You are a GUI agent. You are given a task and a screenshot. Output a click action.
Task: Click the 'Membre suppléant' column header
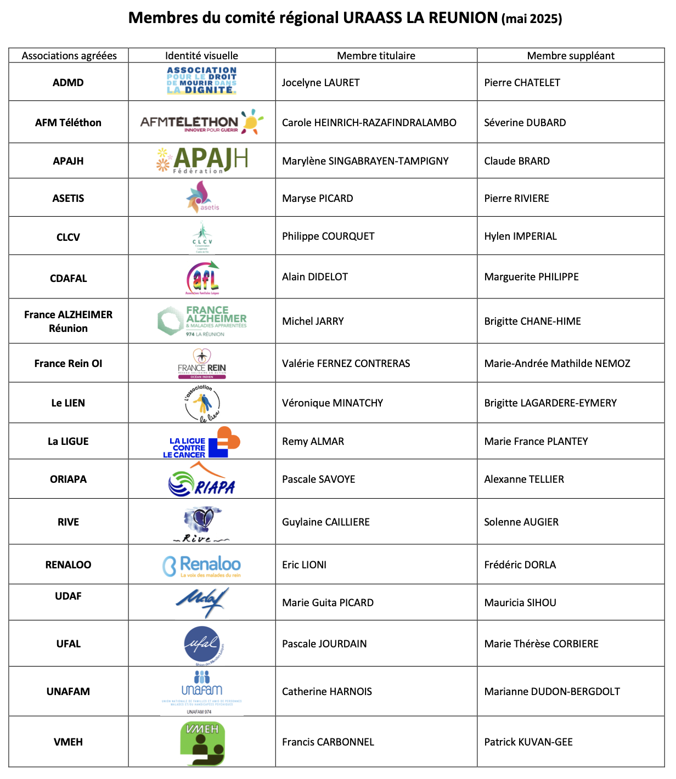pyautogui.click(x=571, y=55)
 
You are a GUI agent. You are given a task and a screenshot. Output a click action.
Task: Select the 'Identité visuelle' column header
pyautogui.click(x=201, y=55)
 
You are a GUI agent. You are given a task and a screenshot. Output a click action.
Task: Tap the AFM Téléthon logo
pyautogui.click(x=201, y=122)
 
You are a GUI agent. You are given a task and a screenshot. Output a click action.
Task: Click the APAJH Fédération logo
pyautogui.click(x=202, y=160)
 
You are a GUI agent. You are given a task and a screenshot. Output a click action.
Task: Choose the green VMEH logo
pyautogui.click(x=202, y=743)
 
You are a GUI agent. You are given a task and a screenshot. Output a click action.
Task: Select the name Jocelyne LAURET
pyautogui.click(x=320, y=83)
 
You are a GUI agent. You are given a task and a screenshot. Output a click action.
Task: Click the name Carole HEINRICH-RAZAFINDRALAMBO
pyautogui.click(x=369, y=123)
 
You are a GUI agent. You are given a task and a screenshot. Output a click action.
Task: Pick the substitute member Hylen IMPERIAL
pyautogui.click(x=520, y=236)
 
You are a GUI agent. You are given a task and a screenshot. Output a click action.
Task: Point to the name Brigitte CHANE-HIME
pyautogui.click(x=532, y=321)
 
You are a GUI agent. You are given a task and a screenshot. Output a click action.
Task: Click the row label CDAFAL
pyautogui.click(x=69, y=279)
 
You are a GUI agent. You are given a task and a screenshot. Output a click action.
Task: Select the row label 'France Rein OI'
pyautogui.click(x=69, y=364)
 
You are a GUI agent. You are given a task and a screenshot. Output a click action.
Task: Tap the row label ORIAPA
pyautogui.click(x=69, y=479)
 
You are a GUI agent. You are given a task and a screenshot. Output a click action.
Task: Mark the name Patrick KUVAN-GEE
pyautogui.click(x=528, y=742)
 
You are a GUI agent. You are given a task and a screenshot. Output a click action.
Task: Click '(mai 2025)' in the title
pyautogui.click(x=532, y=19)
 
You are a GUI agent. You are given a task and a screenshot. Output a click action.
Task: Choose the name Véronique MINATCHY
pyautogui.click(x=333, y=403)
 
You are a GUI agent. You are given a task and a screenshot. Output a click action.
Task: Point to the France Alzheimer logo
pyautogui.click(x=202, y=321)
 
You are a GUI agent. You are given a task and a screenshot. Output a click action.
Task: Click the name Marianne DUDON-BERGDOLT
pyautogui.click(x=552, y=692)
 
